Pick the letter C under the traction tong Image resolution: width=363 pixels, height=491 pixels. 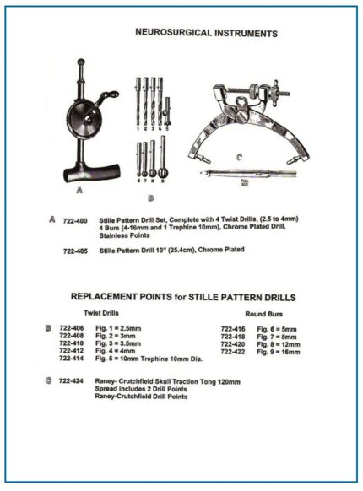pos(239,156)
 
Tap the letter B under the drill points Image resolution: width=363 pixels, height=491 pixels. pos(151,198)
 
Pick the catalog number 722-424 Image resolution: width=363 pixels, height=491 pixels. pos(73,381)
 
